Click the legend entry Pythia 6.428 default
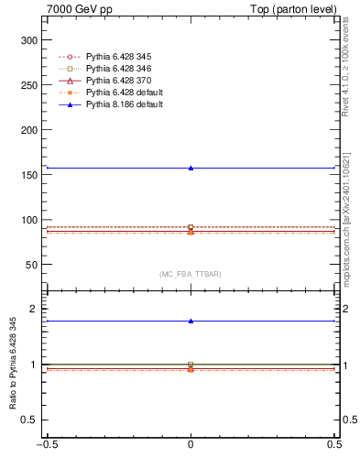[127, 93]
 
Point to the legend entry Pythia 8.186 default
[127, 104]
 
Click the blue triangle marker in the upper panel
[191, 168]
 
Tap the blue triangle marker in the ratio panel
[191, 321]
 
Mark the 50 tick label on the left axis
[29, 265]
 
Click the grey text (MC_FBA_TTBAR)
[190, 274]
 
